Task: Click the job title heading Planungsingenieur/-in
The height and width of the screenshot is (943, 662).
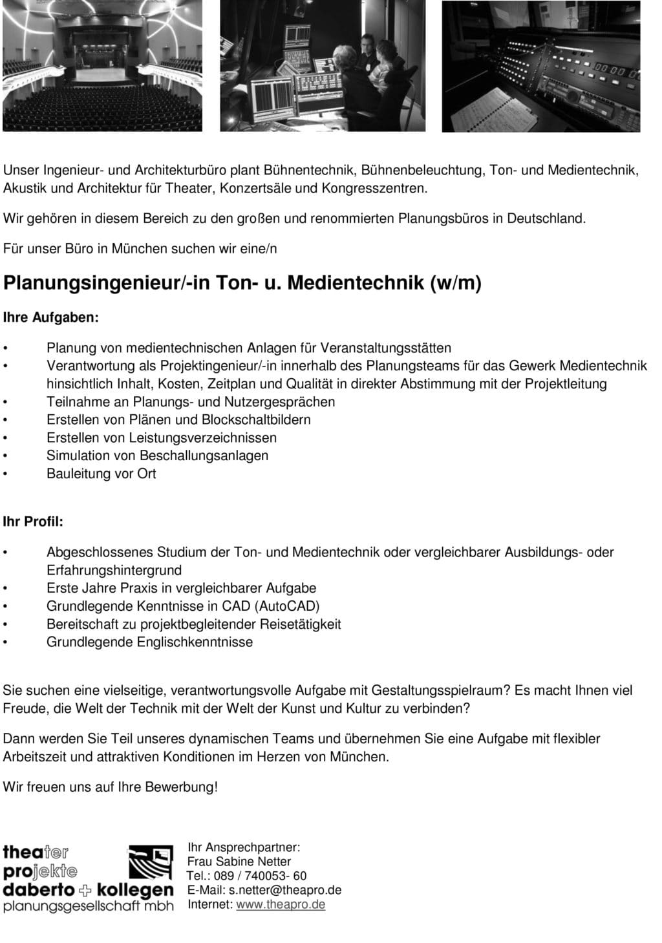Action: pos(242,284)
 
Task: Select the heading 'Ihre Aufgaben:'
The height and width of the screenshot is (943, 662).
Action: pos(51,318)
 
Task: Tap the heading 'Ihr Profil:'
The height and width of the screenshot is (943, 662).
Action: pos(34,522)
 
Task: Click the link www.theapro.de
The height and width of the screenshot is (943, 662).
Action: pos(281,904)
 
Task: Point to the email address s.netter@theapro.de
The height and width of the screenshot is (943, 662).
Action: pos(285,890)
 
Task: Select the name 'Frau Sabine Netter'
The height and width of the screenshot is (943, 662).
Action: pos(239,862)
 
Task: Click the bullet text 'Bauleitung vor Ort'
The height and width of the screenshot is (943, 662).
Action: pos(101,474)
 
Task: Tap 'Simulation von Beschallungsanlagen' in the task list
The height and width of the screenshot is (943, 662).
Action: pos(157,456)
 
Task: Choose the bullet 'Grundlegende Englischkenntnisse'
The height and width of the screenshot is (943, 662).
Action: pos(149,642)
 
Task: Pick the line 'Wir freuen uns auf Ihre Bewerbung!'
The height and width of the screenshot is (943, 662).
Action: pos(111,787)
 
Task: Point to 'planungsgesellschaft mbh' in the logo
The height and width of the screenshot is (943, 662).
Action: pos(89,906)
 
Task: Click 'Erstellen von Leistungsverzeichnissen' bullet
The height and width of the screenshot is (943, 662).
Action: pos(162,438)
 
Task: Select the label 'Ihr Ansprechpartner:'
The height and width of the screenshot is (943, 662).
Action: pos(244,847)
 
